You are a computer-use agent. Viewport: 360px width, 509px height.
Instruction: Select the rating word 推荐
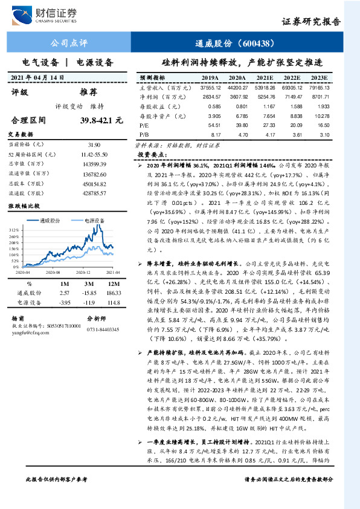[89, 92]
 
